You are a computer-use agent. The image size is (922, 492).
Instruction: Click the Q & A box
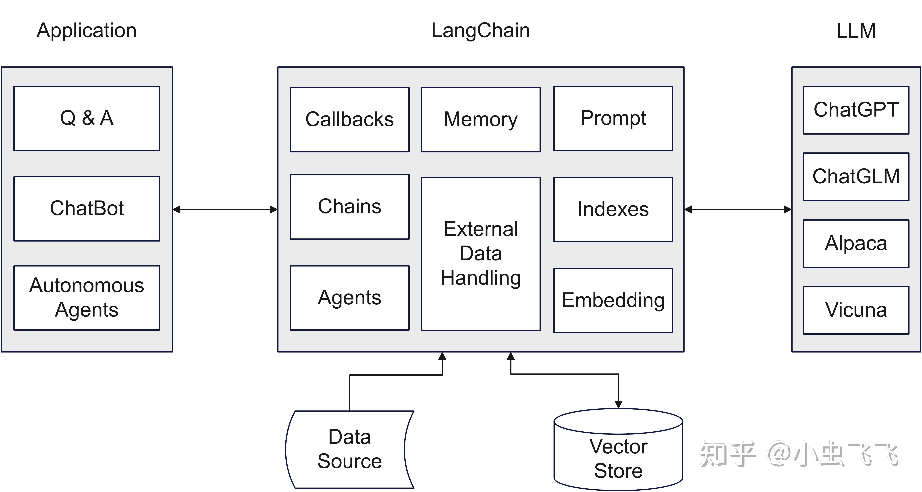tap(87, 118)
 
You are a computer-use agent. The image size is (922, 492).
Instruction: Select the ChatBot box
tap(87, 208)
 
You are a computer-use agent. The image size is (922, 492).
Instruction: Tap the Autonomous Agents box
tap(87, 297)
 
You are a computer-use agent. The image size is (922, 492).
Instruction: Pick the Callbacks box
tap(349, 119)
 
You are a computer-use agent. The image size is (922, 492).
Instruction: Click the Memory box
tap(481, 119)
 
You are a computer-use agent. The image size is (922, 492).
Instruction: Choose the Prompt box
tap(613, 118)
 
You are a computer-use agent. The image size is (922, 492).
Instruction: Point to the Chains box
tap(349, 207)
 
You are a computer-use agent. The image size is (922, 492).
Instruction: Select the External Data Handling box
tap(481, 254)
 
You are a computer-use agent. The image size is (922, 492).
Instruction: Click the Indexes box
tap(613, 209)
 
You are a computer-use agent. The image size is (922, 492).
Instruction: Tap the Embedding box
tap(613, 300)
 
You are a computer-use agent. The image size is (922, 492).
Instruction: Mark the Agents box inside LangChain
tap(349, 297)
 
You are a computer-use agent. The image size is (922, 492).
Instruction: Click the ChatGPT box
tap(856, 110)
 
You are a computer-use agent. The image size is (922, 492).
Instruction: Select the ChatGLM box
tap(856, 177)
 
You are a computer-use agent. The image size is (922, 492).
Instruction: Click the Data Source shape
tap(349, 449)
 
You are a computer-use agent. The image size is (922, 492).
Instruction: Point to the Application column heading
tap(87, 30)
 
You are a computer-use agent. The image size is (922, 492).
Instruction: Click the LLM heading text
tap(856, 31)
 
